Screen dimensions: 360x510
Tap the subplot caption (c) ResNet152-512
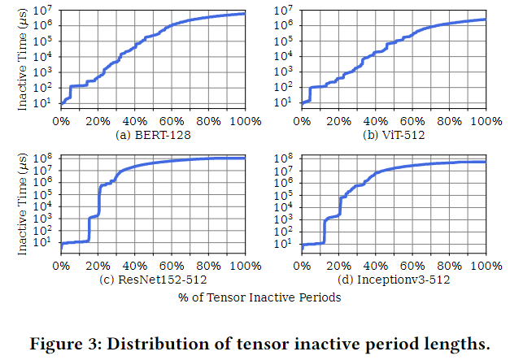click(153, 280)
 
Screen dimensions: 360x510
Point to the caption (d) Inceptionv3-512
click(395, 280)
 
